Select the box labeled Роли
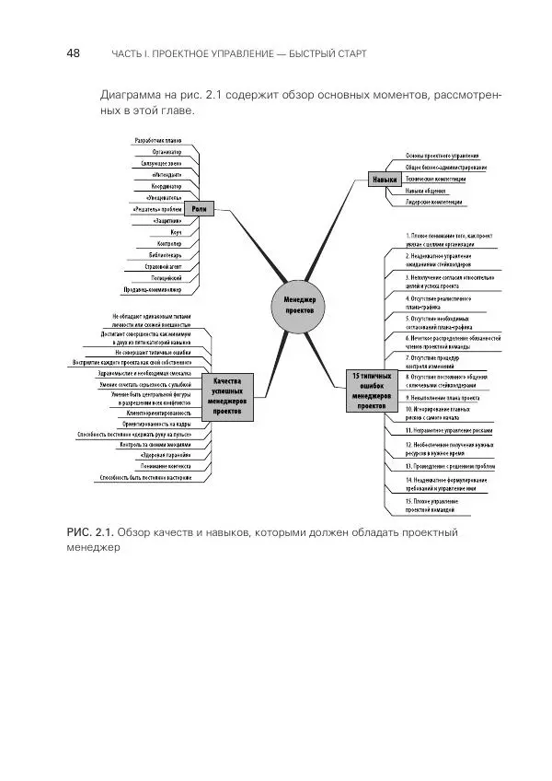point(199,209)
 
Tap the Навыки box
point(385,181)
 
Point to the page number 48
point(74,53)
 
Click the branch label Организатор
point(164,151)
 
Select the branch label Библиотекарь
point(165,254)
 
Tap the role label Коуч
point(175,232)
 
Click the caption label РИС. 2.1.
point(89,532)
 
